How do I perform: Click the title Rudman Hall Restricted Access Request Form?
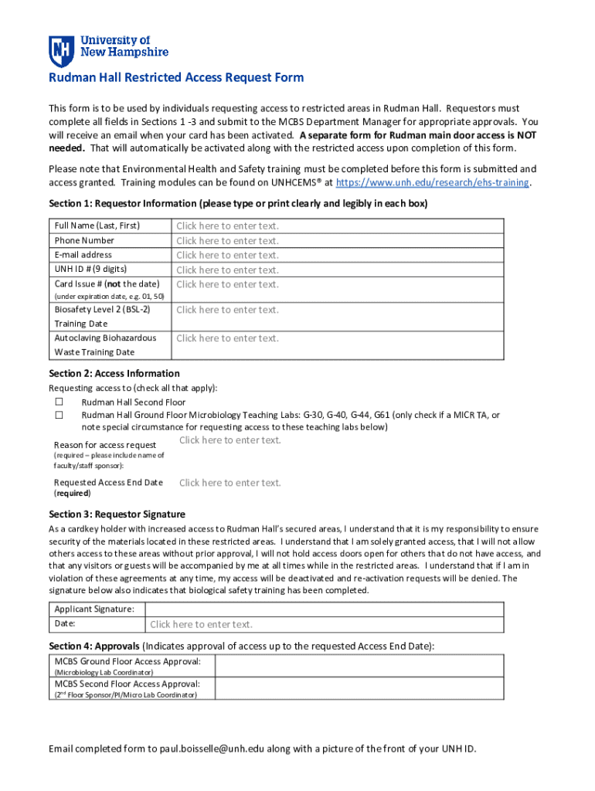tap(176, 78)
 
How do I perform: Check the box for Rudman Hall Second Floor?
tap(59, 402)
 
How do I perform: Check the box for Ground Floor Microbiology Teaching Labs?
tap(59, 416)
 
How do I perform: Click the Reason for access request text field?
tap(230, 440)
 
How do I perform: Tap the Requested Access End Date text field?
tap(230, 483)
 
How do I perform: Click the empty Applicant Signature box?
tap(325, 609)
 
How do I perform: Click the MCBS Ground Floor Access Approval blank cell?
tap(359, 666)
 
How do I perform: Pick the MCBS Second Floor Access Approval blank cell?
tap(359, 688)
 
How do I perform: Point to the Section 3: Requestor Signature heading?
tap(117, 514)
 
